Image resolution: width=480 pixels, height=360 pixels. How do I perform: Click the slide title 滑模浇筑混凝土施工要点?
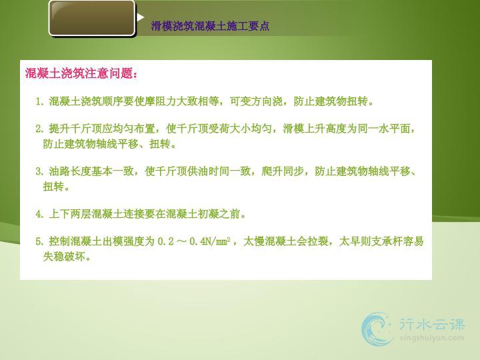[210, 26]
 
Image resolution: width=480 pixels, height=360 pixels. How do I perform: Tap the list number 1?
[39, 101]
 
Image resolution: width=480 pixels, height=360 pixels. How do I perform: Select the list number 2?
[39, 129]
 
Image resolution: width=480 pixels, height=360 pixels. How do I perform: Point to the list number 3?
[39, 171]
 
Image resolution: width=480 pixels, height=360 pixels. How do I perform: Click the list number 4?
[39, 214]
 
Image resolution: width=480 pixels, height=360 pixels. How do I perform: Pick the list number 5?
[39, 241]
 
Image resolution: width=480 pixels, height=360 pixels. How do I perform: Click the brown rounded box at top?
[92, 19]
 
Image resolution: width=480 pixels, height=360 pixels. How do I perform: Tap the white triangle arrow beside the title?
[141, 17]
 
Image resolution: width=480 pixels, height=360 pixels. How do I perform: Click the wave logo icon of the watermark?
[377, 329]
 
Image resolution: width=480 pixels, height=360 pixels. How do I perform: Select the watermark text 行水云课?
[431, 325]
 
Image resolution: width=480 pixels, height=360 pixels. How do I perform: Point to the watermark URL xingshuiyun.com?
[431, 338]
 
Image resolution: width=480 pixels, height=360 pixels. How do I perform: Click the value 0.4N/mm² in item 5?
[210, 241]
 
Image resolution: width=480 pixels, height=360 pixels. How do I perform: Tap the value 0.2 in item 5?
[165, 241]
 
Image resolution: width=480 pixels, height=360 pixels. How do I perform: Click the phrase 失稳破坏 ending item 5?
[64, 257]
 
